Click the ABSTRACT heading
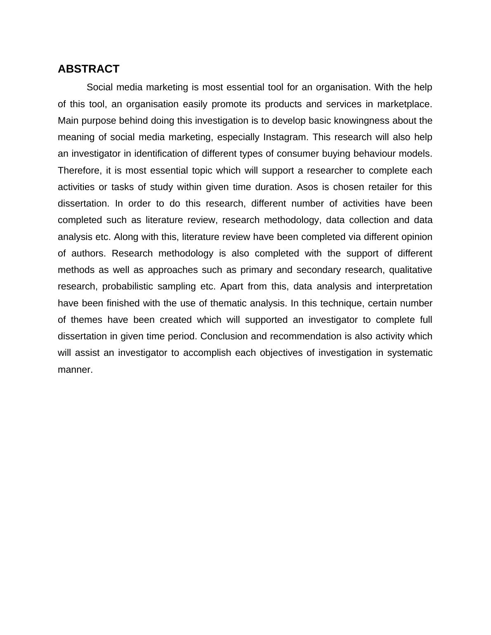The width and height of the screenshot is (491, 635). (88, 69)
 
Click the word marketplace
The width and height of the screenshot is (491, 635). (404, 104)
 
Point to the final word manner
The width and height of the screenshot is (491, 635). (75, 369)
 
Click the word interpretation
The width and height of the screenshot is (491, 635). (404, 286)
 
